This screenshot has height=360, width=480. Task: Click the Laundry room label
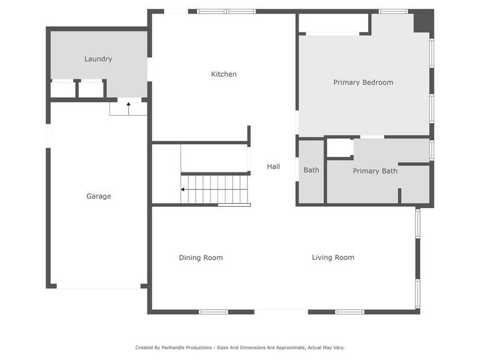pos(98,59)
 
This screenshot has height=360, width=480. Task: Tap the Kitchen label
pos(224,74)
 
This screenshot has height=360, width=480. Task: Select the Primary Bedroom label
pos(363,82)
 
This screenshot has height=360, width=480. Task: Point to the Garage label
pos(99,196)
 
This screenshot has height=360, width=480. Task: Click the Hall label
pos(273,166)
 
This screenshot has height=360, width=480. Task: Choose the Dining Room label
pos(201,257)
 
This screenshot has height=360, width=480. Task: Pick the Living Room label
pos(333,257)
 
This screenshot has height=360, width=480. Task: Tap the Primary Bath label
pos(375,171)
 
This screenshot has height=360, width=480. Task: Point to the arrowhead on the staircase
pos(182,189)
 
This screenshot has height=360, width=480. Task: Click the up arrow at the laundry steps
pos(129,109)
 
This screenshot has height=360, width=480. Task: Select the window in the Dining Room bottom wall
pos(213,312)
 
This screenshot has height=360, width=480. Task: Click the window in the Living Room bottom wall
pos(349,312)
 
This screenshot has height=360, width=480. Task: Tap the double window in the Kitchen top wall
pos(226,11)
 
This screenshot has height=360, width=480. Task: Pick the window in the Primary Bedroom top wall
pos(393,11)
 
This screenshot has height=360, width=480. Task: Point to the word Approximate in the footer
pos(291,347)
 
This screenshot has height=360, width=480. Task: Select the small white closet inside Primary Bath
pos(339,148)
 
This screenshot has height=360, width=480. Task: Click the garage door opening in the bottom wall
pos(99,286)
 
